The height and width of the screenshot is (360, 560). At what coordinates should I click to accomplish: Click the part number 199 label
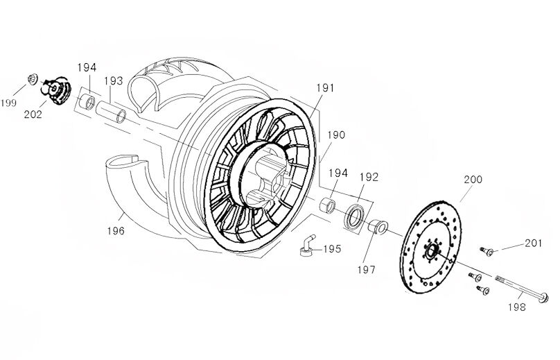point(8,103)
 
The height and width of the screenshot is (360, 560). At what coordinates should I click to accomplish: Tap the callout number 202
point(33,114)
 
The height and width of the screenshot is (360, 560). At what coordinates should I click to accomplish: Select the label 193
point(114,80)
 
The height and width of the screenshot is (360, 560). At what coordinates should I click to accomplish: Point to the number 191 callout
point(325,88)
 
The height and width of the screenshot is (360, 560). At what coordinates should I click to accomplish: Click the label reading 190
point(336,135)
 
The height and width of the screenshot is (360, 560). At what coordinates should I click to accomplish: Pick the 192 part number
point(369,177)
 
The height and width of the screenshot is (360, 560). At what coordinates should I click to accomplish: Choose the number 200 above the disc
point(473,179)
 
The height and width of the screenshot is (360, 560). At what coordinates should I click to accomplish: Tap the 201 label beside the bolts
point(533,243)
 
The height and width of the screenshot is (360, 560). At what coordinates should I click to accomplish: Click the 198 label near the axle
point(517,307)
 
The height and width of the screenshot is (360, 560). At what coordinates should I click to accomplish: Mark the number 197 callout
point(367,270)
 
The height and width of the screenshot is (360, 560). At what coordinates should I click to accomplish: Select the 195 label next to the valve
point(332,249)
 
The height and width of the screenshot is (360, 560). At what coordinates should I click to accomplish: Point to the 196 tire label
point(116,231)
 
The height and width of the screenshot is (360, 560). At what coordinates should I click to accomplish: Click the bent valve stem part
point(307,246)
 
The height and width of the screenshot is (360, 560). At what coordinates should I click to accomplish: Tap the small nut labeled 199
point(33,79)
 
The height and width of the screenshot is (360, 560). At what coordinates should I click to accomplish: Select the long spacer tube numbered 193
point(111,112)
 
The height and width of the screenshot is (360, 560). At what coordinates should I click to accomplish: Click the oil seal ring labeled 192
point(353,216)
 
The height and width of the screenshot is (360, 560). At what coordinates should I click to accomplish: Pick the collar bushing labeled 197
point(378,227)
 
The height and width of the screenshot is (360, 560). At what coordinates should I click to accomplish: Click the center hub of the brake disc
point(430,252)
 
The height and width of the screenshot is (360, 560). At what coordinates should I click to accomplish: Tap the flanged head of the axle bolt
point(544,298)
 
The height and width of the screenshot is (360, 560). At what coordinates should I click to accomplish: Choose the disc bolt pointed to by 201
point(487,252)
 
